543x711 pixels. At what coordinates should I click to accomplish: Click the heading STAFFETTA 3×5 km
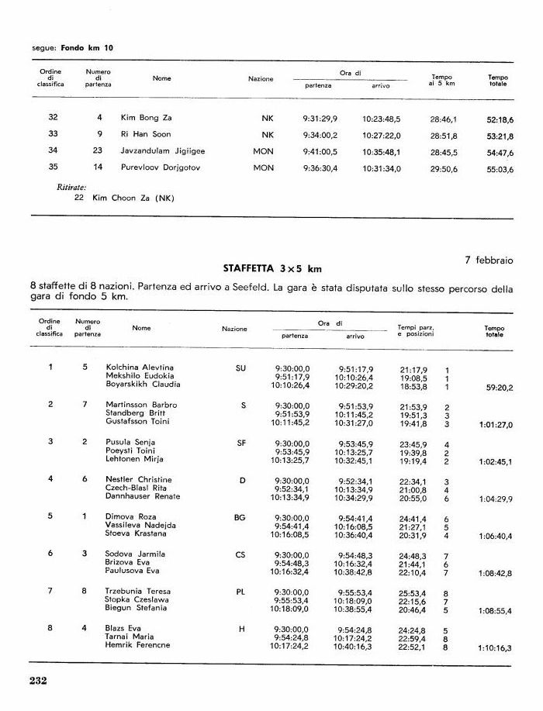271,269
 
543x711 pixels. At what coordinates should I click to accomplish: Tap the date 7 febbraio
489,260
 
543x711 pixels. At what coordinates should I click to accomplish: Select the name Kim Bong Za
144,118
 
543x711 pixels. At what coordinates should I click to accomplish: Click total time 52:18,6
500,119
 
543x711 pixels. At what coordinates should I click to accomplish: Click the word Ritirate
71,187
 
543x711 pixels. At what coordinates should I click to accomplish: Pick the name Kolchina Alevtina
140,368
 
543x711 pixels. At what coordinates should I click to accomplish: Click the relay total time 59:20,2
500,386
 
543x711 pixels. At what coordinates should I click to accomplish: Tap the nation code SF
241,443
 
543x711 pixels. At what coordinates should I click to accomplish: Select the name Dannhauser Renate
143,496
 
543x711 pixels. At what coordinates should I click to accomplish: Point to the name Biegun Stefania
137,609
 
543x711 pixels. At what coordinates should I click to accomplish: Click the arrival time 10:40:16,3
354,646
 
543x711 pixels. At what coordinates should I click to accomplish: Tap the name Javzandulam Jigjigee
162,151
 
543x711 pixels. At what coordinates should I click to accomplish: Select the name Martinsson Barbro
141,405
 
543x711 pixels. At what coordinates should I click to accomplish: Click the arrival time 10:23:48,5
381,119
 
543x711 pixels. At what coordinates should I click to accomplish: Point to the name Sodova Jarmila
135,554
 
